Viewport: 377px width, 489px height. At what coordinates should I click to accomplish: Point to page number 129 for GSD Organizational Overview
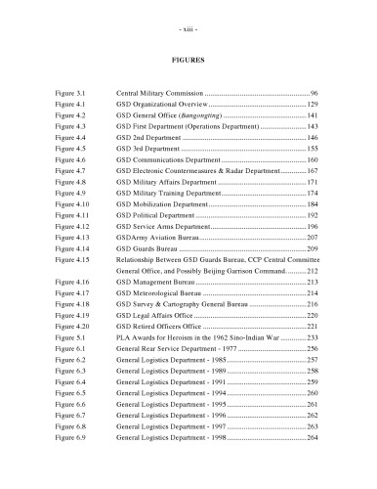(313, 103)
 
